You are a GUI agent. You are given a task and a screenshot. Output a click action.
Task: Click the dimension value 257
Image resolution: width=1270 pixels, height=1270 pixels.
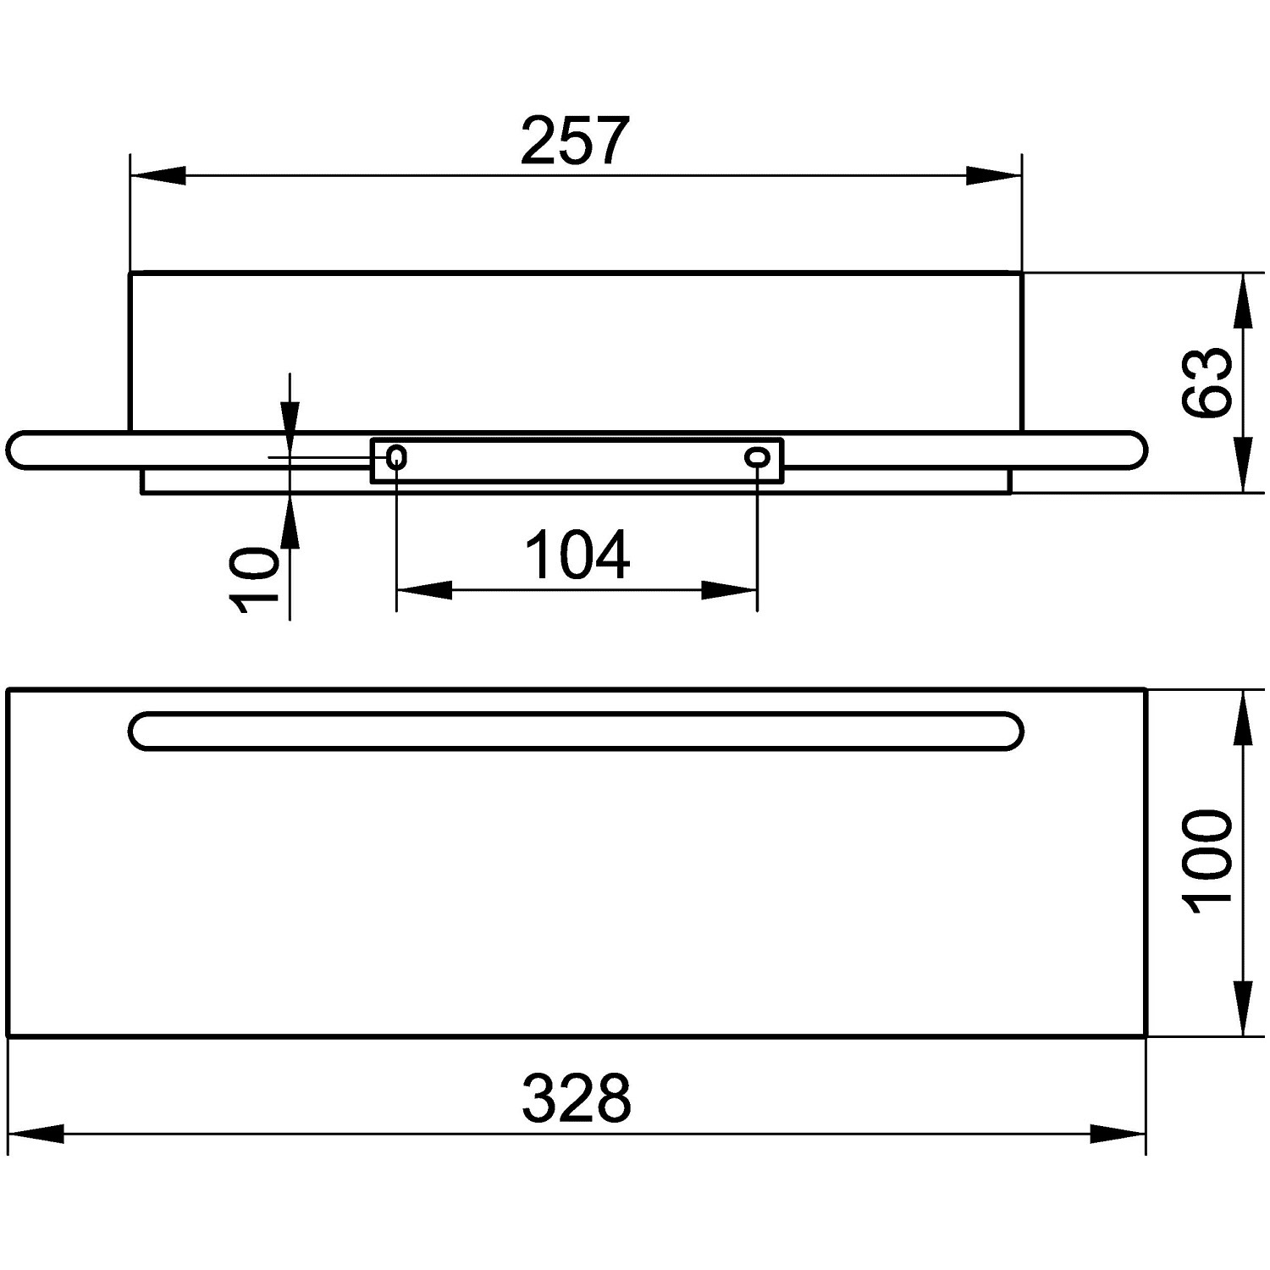point(576,140)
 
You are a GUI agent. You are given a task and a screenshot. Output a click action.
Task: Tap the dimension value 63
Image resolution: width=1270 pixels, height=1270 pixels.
point(1207,382)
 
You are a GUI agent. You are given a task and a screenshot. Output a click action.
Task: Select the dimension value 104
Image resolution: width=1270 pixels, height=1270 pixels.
point(577,555)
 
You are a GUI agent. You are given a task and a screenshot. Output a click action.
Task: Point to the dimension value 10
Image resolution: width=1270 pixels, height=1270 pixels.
point(254,578)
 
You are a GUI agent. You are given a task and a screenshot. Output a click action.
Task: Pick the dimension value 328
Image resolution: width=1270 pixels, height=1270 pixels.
point(577,1098)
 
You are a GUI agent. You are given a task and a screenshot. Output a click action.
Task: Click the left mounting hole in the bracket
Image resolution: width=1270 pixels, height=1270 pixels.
point(396,458)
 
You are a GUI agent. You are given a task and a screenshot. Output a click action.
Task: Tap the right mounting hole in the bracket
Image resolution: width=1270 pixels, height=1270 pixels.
point(757,458)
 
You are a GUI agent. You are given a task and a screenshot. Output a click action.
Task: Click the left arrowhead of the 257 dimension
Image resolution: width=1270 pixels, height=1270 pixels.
point(157,176)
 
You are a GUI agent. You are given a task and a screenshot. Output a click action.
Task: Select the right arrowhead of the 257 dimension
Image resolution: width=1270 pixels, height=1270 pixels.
point(994,176)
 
